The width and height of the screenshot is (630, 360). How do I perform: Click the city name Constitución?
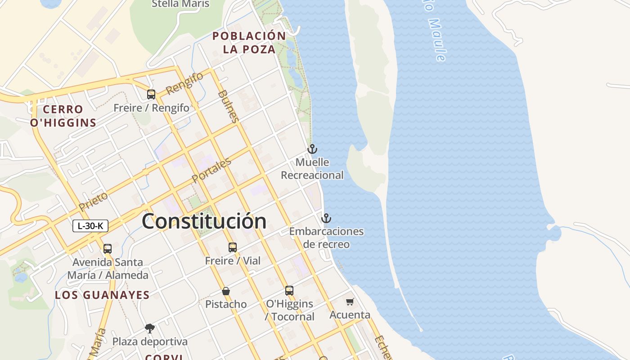coord(204,221)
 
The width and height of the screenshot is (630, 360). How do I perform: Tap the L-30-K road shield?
coord(90,226)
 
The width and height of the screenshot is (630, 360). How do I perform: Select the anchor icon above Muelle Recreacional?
coord(312,148)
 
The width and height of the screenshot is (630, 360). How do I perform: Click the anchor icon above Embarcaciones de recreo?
coord(326,218)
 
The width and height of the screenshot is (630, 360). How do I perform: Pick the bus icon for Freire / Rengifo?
coord(151,94)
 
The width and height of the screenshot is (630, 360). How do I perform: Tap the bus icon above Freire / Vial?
coord(232,247)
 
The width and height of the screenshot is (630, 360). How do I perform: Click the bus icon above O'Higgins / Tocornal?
coord(289,291)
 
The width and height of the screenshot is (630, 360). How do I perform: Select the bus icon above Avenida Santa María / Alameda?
coord(107,248)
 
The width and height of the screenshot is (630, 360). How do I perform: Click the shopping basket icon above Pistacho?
coord(226,291)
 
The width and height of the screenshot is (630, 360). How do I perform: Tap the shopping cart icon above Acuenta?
coord(350,301)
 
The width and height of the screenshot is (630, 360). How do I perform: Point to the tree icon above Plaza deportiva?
coord(149,328)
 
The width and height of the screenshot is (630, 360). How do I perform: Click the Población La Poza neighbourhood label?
coord(249,42)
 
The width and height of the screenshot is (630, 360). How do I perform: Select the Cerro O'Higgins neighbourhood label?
coord(63,116)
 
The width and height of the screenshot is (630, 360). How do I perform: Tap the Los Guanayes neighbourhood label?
coord(102,295)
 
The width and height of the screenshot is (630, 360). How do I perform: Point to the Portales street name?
coord(211,170)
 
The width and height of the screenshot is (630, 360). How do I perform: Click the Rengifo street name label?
coord(184,83)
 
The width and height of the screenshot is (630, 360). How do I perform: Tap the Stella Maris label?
coord(180,4)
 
